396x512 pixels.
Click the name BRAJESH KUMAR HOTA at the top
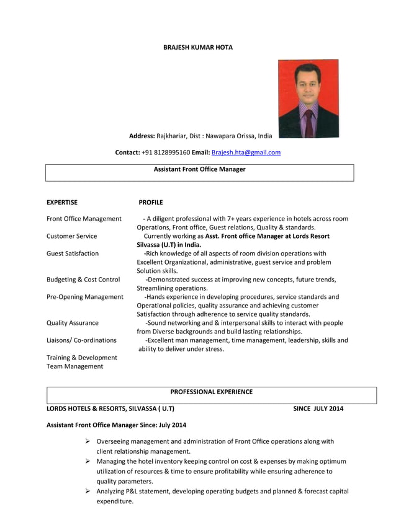tap(197, 48)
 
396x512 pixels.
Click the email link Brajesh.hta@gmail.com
tap(246, 152)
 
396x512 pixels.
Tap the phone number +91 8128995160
tap(165, 152)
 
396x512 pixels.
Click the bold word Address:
tap(142, 135)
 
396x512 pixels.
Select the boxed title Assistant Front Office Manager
tap(199, 169)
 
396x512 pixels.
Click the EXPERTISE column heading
tap(62, 202)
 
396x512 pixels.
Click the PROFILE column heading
tap(151, 202)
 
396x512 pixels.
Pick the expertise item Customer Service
tap(72, 236)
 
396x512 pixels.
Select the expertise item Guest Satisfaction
tap(73, 254)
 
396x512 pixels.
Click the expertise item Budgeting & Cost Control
tap(83, 280)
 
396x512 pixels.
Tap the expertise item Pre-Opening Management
tap(85, 297)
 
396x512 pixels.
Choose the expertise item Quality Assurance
tap(73, 323)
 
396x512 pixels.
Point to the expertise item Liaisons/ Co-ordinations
tap(81, 340)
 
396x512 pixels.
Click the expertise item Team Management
tap(75, 366)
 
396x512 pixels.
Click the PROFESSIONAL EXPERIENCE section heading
tap(211, 392)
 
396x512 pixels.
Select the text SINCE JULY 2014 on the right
tap(318, 408)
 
